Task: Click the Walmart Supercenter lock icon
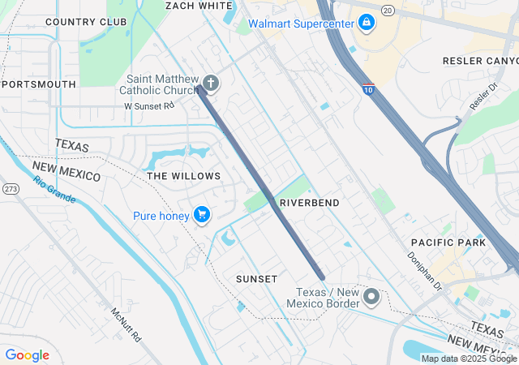367,22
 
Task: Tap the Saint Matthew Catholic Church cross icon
210,83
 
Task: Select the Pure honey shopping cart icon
202,215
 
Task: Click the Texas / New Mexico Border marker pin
372,297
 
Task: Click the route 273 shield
11,188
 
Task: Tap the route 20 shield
387,10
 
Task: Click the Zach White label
199,5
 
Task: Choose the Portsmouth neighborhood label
40,84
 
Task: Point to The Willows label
183,176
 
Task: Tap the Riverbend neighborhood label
309,201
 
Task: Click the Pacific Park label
448,242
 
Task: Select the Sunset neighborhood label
256,278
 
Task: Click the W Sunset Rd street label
149,105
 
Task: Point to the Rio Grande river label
54,188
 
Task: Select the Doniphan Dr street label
426,271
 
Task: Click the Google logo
27,355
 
